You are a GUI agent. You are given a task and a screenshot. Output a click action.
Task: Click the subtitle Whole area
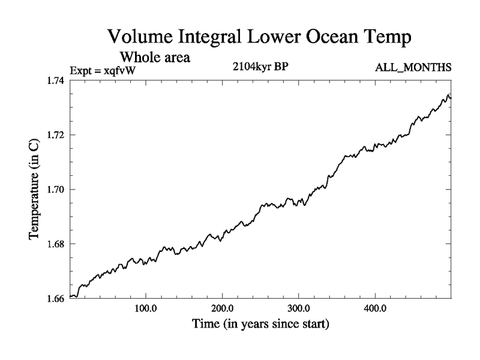[155, 58]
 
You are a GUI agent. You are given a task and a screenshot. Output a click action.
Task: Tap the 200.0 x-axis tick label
[223, 311]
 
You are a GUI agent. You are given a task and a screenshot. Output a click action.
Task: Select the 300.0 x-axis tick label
[299, 311]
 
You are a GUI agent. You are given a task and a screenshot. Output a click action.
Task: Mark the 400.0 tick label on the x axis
[375, 311]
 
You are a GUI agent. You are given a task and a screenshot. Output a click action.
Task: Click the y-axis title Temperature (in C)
[34, 190]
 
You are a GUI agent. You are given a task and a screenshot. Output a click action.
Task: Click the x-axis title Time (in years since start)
[260, 325]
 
